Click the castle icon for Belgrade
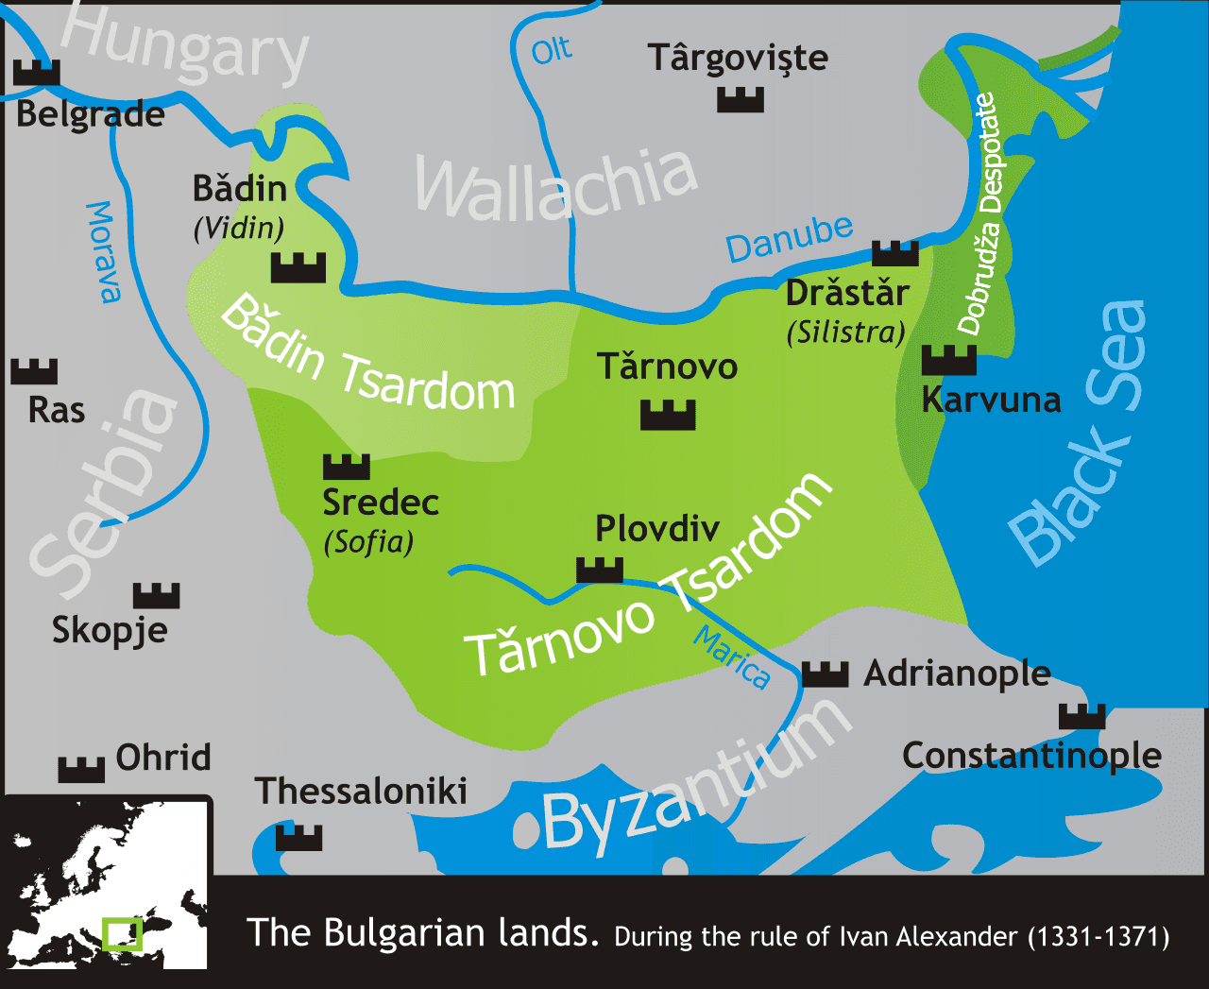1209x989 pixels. tap(37, 73)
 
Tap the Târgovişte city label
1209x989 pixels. tap(738, 59)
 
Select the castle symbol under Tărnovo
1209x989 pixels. tap(668, 415)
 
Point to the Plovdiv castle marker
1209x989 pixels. tap(600, 570)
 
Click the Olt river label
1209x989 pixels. tap(551, 50)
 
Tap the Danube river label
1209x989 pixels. tap(790, 239)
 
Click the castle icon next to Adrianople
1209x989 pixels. tap(825, 674)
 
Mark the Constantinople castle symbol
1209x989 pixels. tap(1081, 716)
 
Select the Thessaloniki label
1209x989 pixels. tap(361, 792)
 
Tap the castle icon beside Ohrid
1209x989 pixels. tap(81, 769)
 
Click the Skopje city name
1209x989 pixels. tap(110, 630)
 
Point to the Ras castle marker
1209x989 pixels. tap(34, 371)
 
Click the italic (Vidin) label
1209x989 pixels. tap(239, 229)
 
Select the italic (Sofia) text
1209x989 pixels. tap(368, 542)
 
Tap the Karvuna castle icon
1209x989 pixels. tap(948, 360)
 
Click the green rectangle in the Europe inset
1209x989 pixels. tap(122, 933)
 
